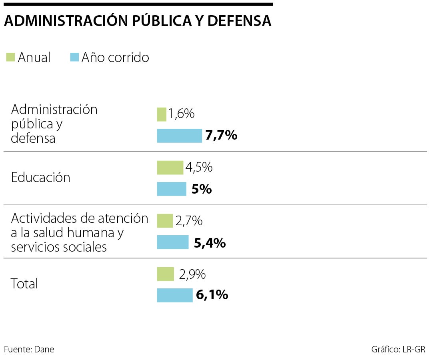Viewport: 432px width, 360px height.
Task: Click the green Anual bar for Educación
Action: coord(170,168)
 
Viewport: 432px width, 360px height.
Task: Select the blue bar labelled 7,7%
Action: coord(179,136)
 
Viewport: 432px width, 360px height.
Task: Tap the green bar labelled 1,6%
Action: coord(162,114)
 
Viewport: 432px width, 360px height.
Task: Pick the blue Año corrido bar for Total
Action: coord(174,295)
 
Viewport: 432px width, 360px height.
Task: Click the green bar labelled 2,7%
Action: coord(165,221)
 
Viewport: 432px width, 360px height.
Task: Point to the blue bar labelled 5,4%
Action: coord(172,242)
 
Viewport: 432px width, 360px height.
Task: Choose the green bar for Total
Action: coord(166,274)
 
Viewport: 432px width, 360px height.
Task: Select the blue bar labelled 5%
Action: coord(172,189)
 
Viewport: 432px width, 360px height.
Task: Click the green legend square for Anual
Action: coord(10,57)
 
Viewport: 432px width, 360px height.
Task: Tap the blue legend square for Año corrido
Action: coord(74,57)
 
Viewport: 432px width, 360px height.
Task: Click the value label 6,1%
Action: coord(212,295)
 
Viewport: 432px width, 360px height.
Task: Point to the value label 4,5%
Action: coord(199,168)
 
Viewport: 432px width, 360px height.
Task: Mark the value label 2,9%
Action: coord(192,274)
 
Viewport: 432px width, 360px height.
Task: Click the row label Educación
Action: coord(41,178)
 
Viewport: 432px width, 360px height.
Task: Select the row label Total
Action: coord(24,284)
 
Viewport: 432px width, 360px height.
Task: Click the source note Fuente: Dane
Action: coord(29,349)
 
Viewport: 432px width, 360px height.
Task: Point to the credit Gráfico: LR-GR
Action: coord(398,349)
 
